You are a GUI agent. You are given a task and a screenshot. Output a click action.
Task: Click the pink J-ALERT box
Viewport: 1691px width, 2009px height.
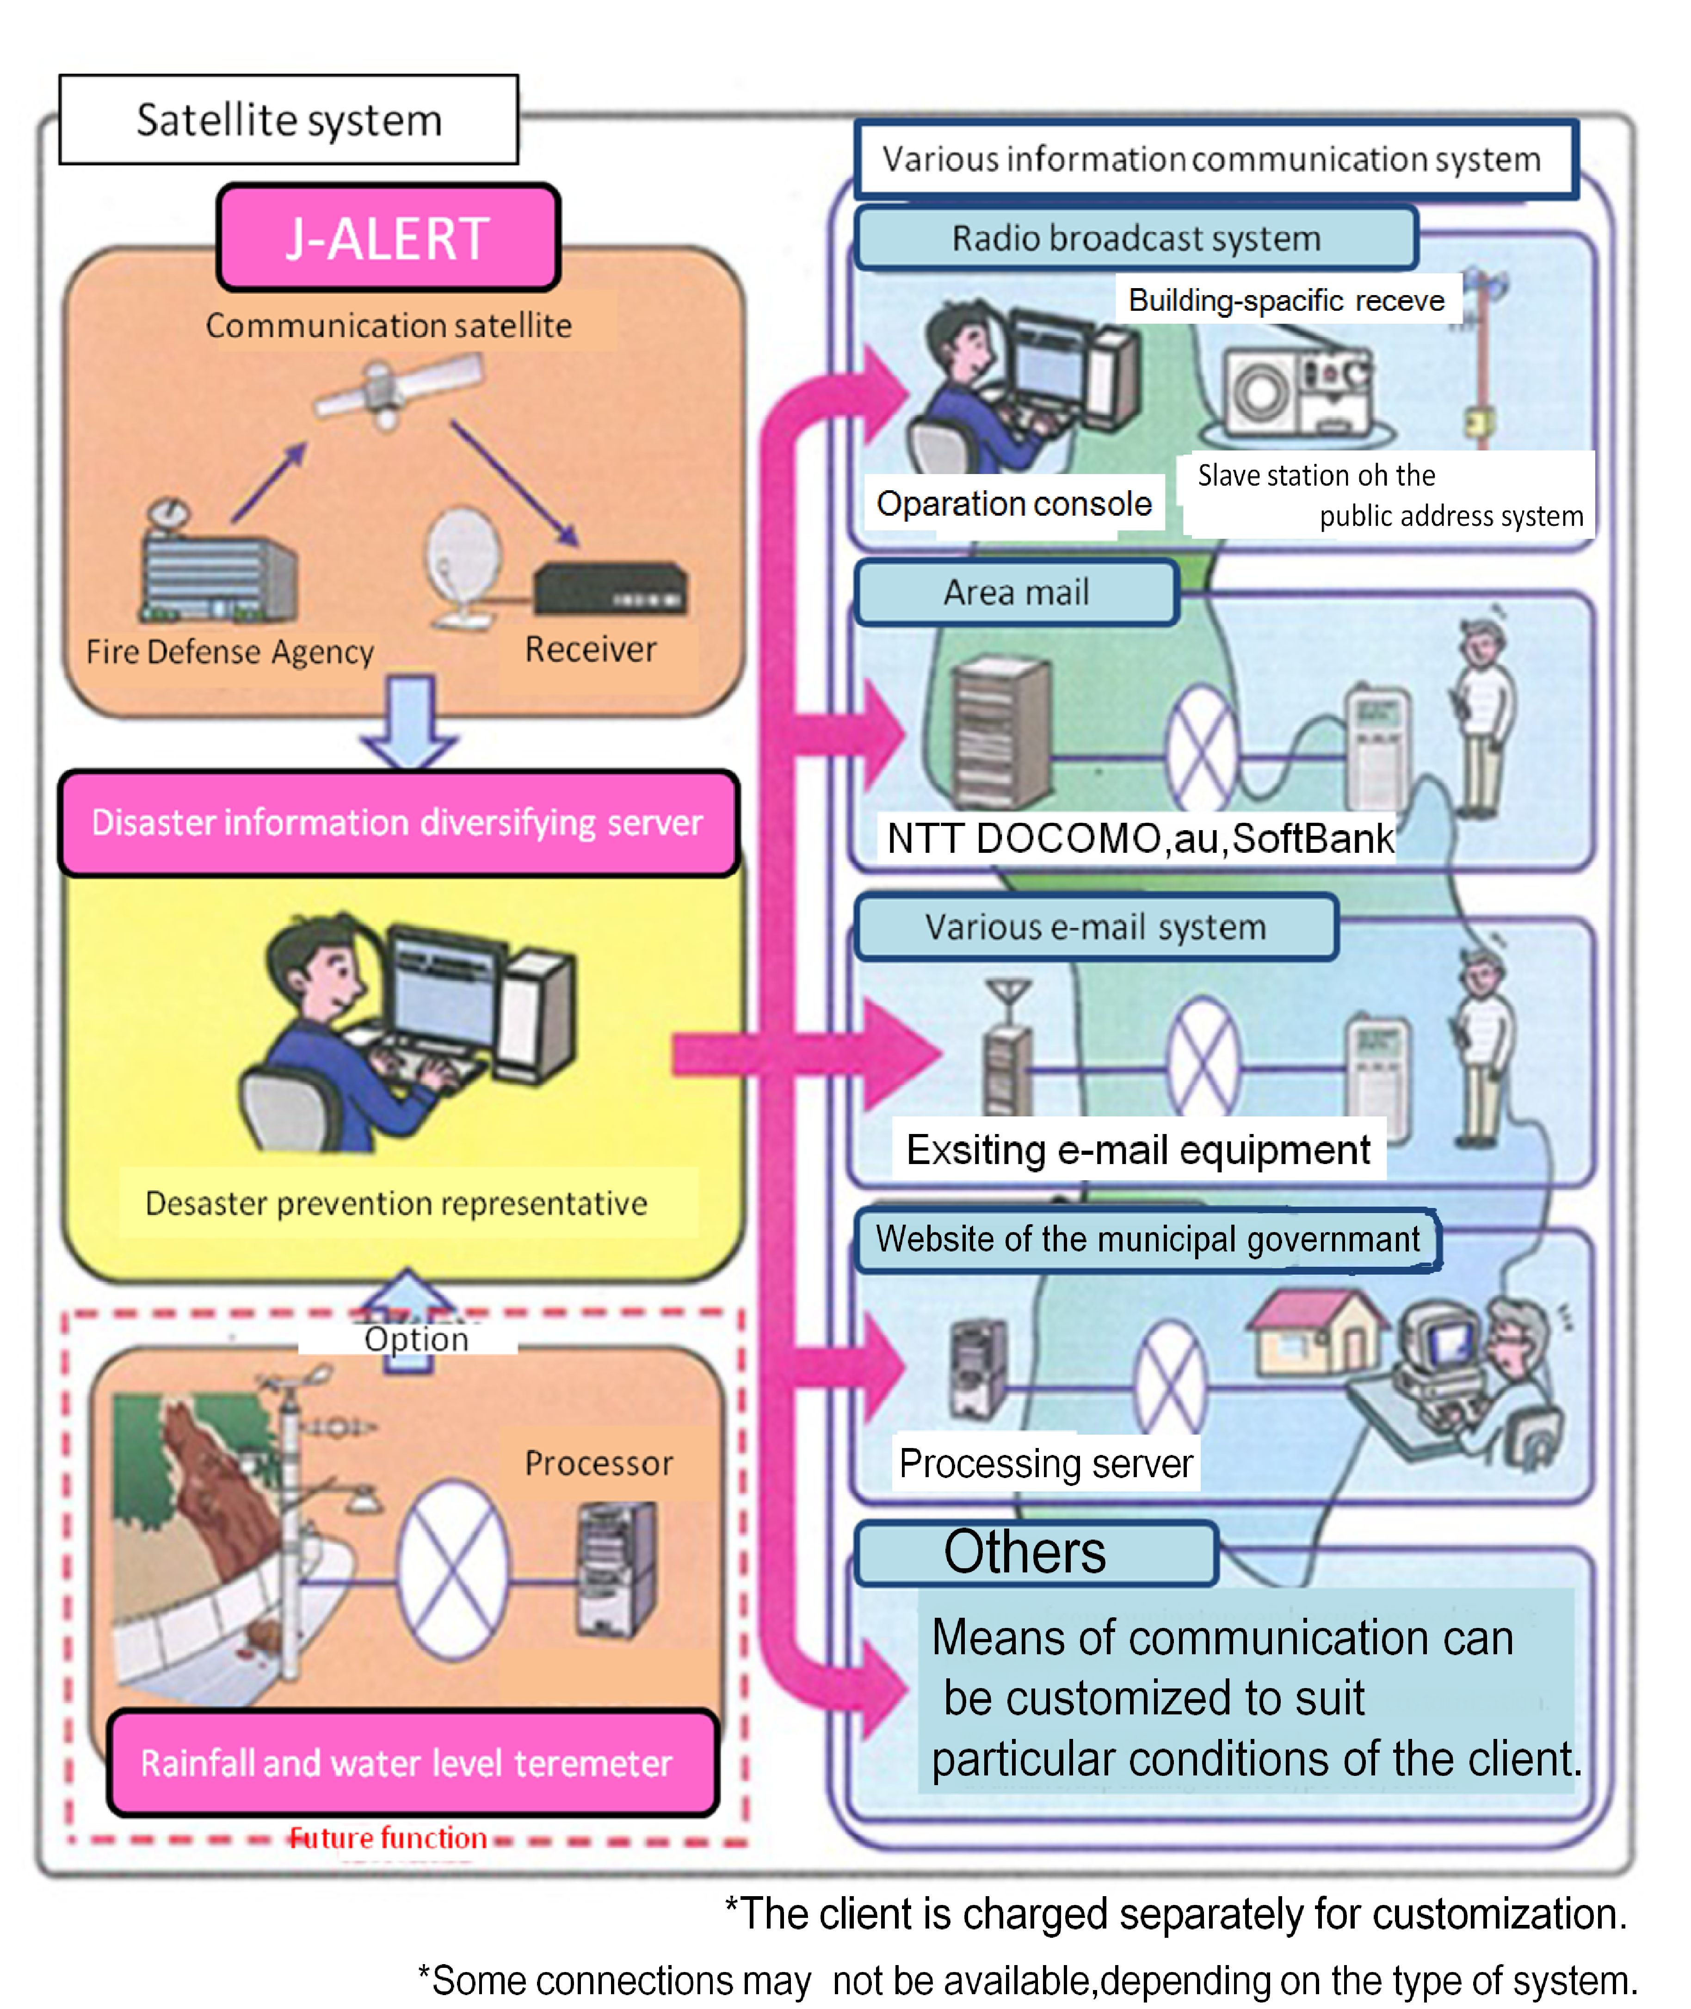tap(388, 238)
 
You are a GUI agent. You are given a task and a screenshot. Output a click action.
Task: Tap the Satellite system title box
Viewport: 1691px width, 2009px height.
tap(289, 120)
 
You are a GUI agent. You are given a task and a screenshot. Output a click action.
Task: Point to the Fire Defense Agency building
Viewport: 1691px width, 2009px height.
tap(219, 573)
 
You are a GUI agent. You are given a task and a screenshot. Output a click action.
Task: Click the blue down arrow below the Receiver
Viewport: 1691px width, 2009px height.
tap(409, 721)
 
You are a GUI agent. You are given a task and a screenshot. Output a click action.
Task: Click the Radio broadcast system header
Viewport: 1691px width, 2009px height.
tap(1136, 238)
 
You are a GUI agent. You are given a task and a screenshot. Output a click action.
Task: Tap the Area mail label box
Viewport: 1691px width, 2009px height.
tap(1016, 592)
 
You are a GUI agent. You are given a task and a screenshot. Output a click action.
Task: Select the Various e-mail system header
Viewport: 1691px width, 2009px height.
tap(1096, 927)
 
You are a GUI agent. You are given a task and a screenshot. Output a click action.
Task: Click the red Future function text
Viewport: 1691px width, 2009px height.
tap(388, 1837)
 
